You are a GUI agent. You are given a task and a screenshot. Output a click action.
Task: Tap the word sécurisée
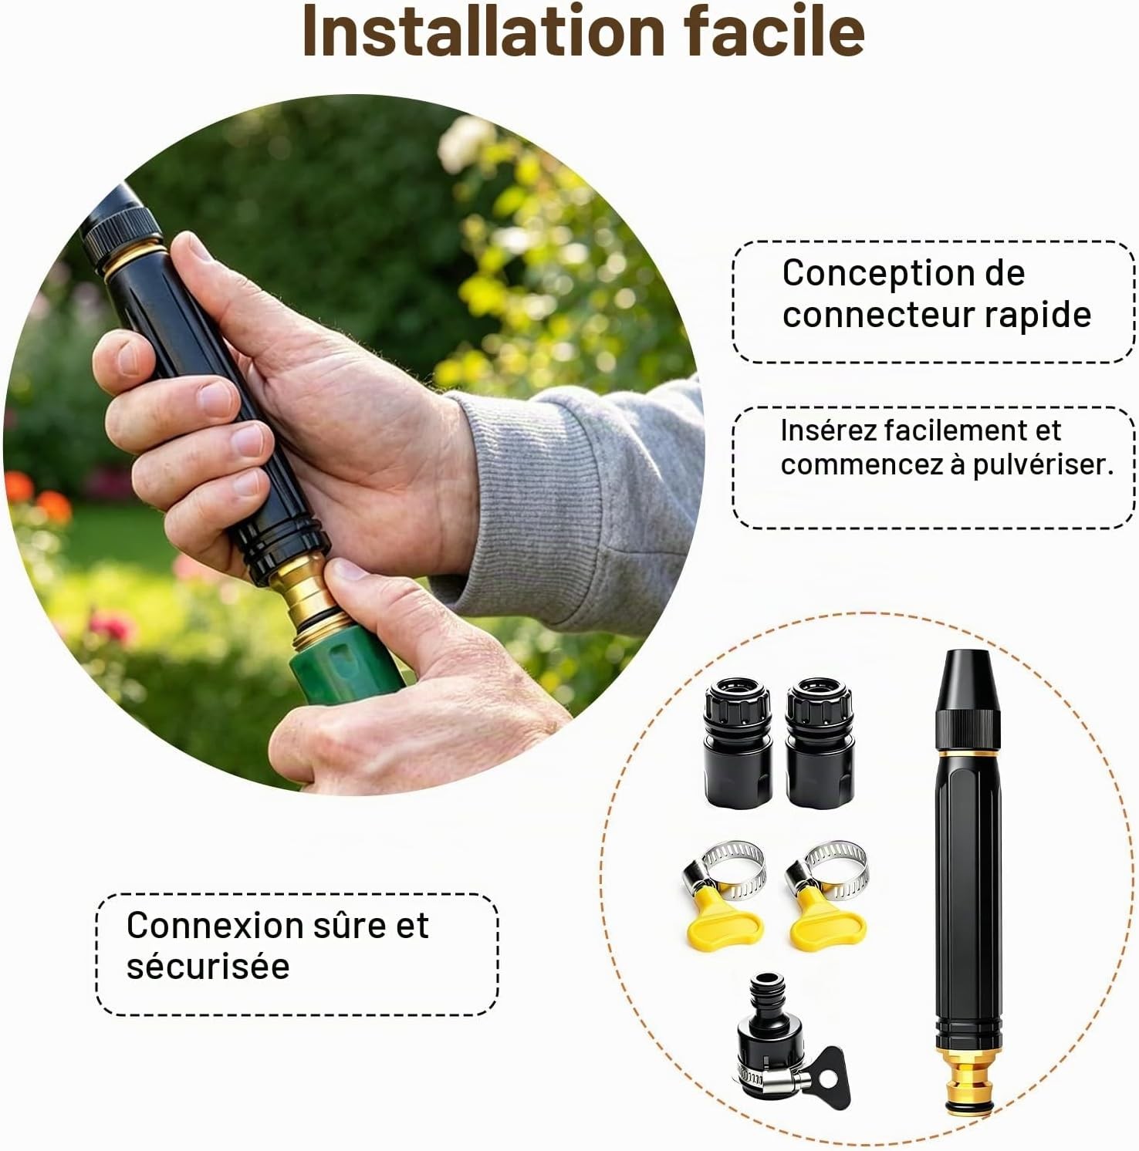tap(208, 966)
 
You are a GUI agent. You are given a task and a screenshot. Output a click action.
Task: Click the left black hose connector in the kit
tap(738, 742)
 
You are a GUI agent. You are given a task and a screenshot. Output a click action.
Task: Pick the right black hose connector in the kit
tap(820, 742)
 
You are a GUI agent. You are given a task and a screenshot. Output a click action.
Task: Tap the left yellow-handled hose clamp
tap(724, 895)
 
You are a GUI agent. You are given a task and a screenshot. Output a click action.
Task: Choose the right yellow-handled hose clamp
tap(826, 895)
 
